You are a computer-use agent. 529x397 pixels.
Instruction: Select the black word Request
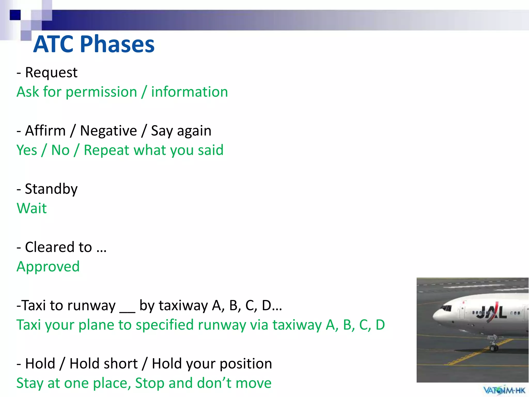(51, 72)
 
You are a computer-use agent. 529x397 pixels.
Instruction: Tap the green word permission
(101, 92)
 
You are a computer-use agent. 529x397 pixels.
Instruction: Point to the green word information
(189, 92)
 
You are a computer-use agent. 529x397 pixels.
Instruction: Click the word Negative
(108, 131)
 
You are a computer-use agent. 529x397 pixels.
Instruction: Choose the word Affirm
(45, 131)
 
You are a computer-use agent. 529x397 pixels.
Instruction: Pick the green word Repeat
(106, 150)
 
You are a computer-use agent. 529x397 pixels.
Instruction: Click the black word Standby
(51, 189)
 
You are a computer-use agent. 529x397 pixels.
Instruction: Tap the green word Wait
(32, 208)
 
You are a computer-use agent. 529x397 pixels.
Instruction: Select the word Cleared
(58, 247)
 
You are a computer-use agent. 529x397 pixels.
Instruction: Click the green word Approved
(48, 267)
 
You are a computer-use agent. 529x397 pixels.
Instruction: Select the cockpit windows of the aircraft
(446, 308)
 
